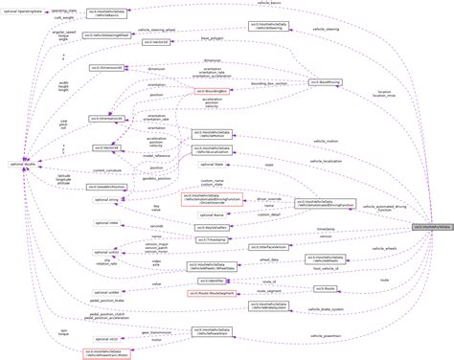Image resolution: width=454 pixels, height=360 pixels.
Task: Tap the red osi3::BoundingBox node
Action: pyautogui.click(x=210, y=92)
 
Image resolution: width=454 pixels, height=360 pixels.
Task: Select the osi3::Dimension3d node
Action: pyautogui.click(x=104, y=70)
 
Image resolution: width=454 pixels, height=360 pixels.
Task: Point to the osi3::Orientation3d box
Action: pyautogui.click(x=106, y=119)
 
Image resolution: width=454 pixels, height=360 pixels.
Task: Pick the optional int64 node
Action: pyautogui.click(x=106, y=222)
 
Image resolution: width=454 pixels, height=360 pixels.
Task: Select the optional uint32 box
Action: pyautogui.click(x=106, y=251)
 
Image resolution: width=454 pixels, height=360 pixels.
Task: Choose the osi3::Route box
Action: pyautogui.click(x=326, y=286)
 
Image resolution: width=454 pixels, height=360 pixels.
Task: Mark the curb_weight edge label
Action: pyautogui.click(x=64, y=17)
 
